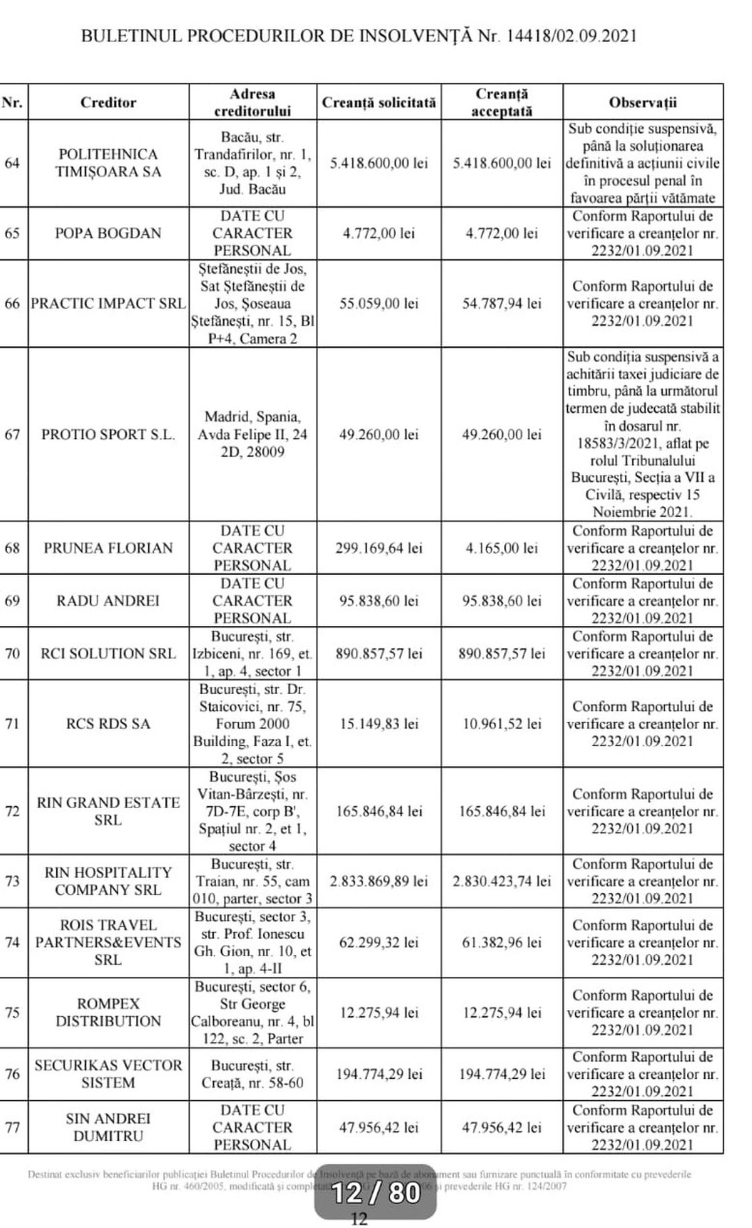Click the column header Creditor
point(108,102)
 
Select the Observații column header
point(642,102)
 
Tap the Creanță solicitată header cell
point(379,102)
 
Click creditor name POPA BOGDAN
point(108,233)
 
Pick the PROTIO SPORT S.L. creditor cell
point(108,434)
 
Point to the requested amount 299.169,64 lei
point(379,548)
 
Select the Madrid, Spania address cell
point(253,434)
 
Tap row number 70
point(13,653)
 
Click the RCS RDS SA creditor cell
point(108,724)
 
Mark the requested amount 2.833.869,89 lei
point(379,882)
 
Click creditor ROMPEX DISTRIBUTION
point(108,1012)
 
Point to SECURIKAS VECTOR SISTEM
point(108,1074)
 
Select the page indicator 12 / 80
point(376,1192)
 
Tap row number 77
point(13,1127)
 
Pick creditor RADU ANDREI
point(108,601)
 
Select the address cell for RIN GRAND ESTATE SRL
point(253,811)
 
